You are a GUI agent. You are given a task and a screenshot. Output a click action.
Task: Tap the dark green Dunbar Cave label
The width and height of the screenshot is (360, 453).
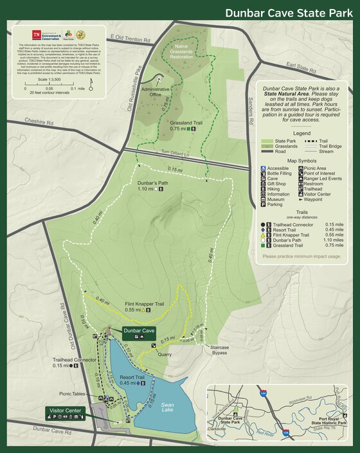139,331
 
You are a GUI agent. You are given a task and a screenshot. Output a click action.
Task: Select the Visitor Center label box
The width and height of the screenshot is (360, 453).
65,411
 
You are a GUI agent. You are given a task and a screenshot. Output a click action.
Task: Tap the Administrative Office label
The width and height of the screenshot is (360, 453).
155,92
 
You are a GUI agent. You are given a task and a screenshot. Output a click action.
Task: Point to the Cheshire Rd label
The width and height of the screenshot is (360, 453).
39,121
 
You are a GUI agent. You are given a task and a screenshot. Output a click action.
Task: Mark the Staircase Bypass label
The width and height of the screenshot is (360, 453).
220,350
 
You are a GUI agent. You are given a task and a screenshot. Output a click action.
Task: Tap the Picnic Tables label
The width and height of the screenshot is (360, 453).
73,394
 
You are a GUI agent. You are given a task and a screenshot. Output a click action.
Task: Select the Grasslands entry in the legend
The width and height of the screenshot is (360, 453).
283,147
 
